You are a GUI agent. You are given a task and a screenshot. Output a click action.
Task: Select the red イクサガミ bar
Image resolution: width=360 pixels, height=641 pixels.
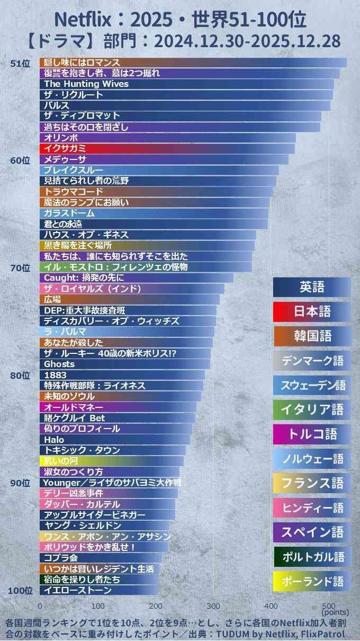pos(167,148)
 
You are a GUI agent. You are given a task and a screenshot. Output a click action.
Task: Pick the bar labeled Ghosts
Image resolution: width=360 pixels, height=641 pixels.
pos(124,364)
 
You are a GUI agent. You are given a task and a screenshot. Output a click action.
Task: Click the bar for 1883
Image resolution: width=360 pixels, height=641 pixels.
pos(122,375)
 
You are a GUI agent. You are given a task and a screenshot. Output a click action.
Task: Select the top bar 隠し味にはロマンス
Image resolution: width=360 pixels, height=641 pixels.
pos(193,63)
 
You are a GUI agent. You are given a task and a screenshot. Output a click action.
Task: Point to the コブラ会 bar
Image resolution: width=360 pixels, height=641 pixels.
pos(101,558)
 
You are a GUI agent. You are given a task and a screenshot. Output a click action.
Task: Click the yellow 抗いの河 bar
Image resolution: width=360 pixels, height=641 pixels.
pos(111,461)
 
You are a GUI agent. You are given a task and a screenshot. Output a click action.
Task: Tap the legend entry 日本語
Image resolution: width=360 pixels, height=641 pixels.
pos(312,311)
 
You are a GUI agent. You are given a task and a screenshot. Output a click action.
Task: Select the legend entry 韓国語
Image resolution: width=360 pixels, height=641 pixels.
pos(312,336)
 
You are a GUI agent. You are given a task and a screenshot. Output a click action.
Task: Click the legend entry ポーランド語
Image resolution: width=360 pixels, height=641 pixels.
pos(312,581)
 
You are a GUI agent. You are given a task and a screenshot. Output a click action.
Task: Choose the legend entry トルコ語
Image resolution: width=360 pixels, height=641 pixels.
pos(312,434)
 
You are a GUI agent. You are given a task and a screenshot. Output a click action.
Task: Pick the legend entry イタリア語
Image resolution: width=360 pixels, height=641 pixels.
pos(312,409)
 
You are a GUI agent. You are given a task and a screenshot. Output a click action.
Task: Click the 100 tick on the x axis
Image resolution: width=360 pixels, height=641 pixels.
pos(98,606)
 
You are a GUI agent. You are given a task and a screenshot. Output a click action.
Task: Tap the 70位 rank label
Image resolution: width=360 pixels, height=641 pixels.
pos(20,268)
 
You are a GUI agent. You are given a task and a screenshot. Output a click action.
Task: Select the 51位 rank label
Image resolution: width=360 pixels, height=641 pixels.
pos(20,64)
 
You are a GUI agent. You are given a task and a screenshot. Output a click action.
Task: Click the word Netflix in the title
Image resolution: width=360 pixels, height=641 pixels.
pos(83,20)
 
